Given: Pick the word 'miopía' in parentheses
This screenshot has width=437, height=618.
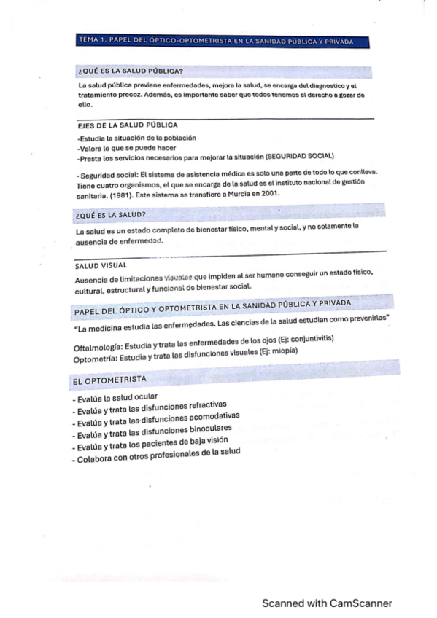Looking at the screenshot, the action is tap(283, 350).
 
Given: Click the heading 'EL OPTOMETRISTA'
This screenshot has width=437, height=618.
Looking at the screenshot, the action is tap(109, 380).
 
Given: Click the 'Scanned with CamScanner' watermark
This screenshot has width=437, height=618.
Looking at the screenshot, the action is tap(328, 603).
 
